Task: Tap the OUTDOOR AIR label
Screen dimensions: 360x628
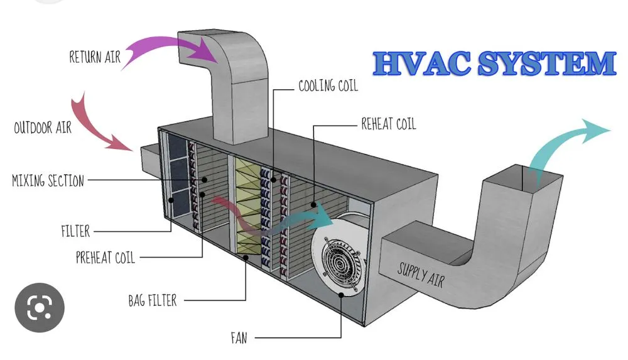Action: pyautogui.click(x=43, y=128)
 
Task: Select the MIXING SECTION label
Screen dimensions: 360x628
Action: pyautogui.click(x=48, y=182)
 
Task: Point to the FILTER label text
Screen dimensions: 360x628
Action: pyautogui.click(x=75, y=232)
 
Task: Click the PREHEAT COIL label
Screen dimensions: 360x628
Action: pyautogui.click(x=105, y=258)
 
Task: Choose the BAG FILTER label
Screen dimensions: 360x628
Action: pyautogui.click(x=152, y=300)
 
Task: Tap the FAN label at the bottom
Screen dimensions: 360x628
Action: pyautogui.click(x=239, y=339)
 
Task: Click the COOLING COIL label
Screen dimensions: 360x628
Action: pyautogui.click(x=328, y=86)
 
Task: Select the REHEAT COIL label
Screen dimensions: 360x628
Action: pyautogui.click(x=388, y=124)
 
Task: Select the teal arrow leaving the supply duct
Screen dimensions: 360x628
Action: pyautogui.click(x=565, y=141)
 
